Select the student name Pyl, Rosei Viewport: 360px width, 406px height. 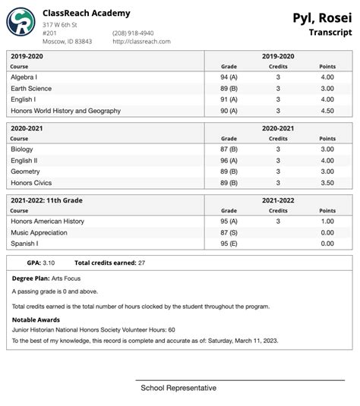(322, 17)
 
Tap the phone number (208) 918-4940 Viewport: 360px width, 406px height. (133, 33)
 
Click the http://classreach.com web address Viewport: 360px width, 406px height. (141, 42)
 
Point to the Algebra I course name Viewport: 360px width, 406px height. (26, 77)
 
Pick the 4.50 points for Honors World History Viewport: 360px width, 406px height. (327, 111)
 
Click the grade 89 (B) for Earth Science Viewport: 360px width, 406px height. (229, 89)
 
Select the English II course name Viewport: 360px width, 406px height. (24, 161)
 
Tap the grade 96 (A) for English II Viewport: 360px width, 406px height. (229, 161)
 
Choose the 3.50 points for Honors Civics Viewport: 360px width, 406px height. (327, 183)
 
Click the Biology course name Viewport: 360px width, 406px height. (22, 149)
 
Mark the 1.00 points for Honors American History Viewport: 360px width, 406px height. (327, 222)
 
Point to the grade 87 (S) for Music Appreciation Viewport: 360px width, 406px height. (229, 232)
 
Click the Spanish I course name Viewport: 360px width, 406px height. (25, 244)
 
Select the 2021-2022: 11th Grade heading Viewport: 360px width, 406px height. (47, 200)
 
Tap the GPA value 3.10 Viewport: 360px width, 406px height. (48, 263)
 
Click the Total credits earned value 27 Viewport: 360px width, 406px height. (141, 263)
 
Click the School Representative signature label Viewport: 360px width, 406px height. (178, 388)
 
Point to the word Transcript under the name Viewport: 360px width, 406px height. (330, 33)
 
